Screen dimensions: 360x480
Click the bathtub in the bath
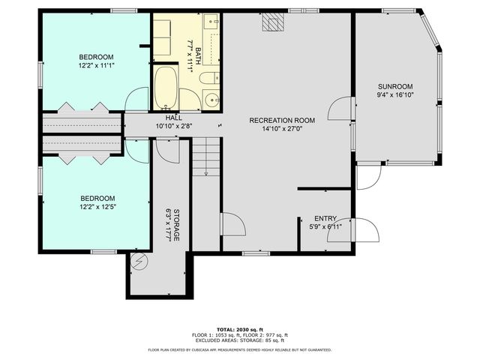point(166,88)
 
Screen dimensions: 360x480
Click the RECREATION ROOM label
point(282,120)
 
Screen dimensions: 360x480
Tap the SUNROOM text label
point(394,86)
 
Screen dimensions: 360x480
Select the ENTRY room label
point(325,217)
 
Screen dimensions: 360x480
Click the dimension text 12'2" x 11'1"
point(96,66)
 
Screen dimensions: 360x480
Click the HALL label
point(174,118)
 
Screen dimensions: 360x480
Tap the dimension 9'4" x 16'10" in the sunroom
point(394,95)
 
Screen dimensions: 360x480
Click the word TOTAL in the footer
point(226,329)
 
